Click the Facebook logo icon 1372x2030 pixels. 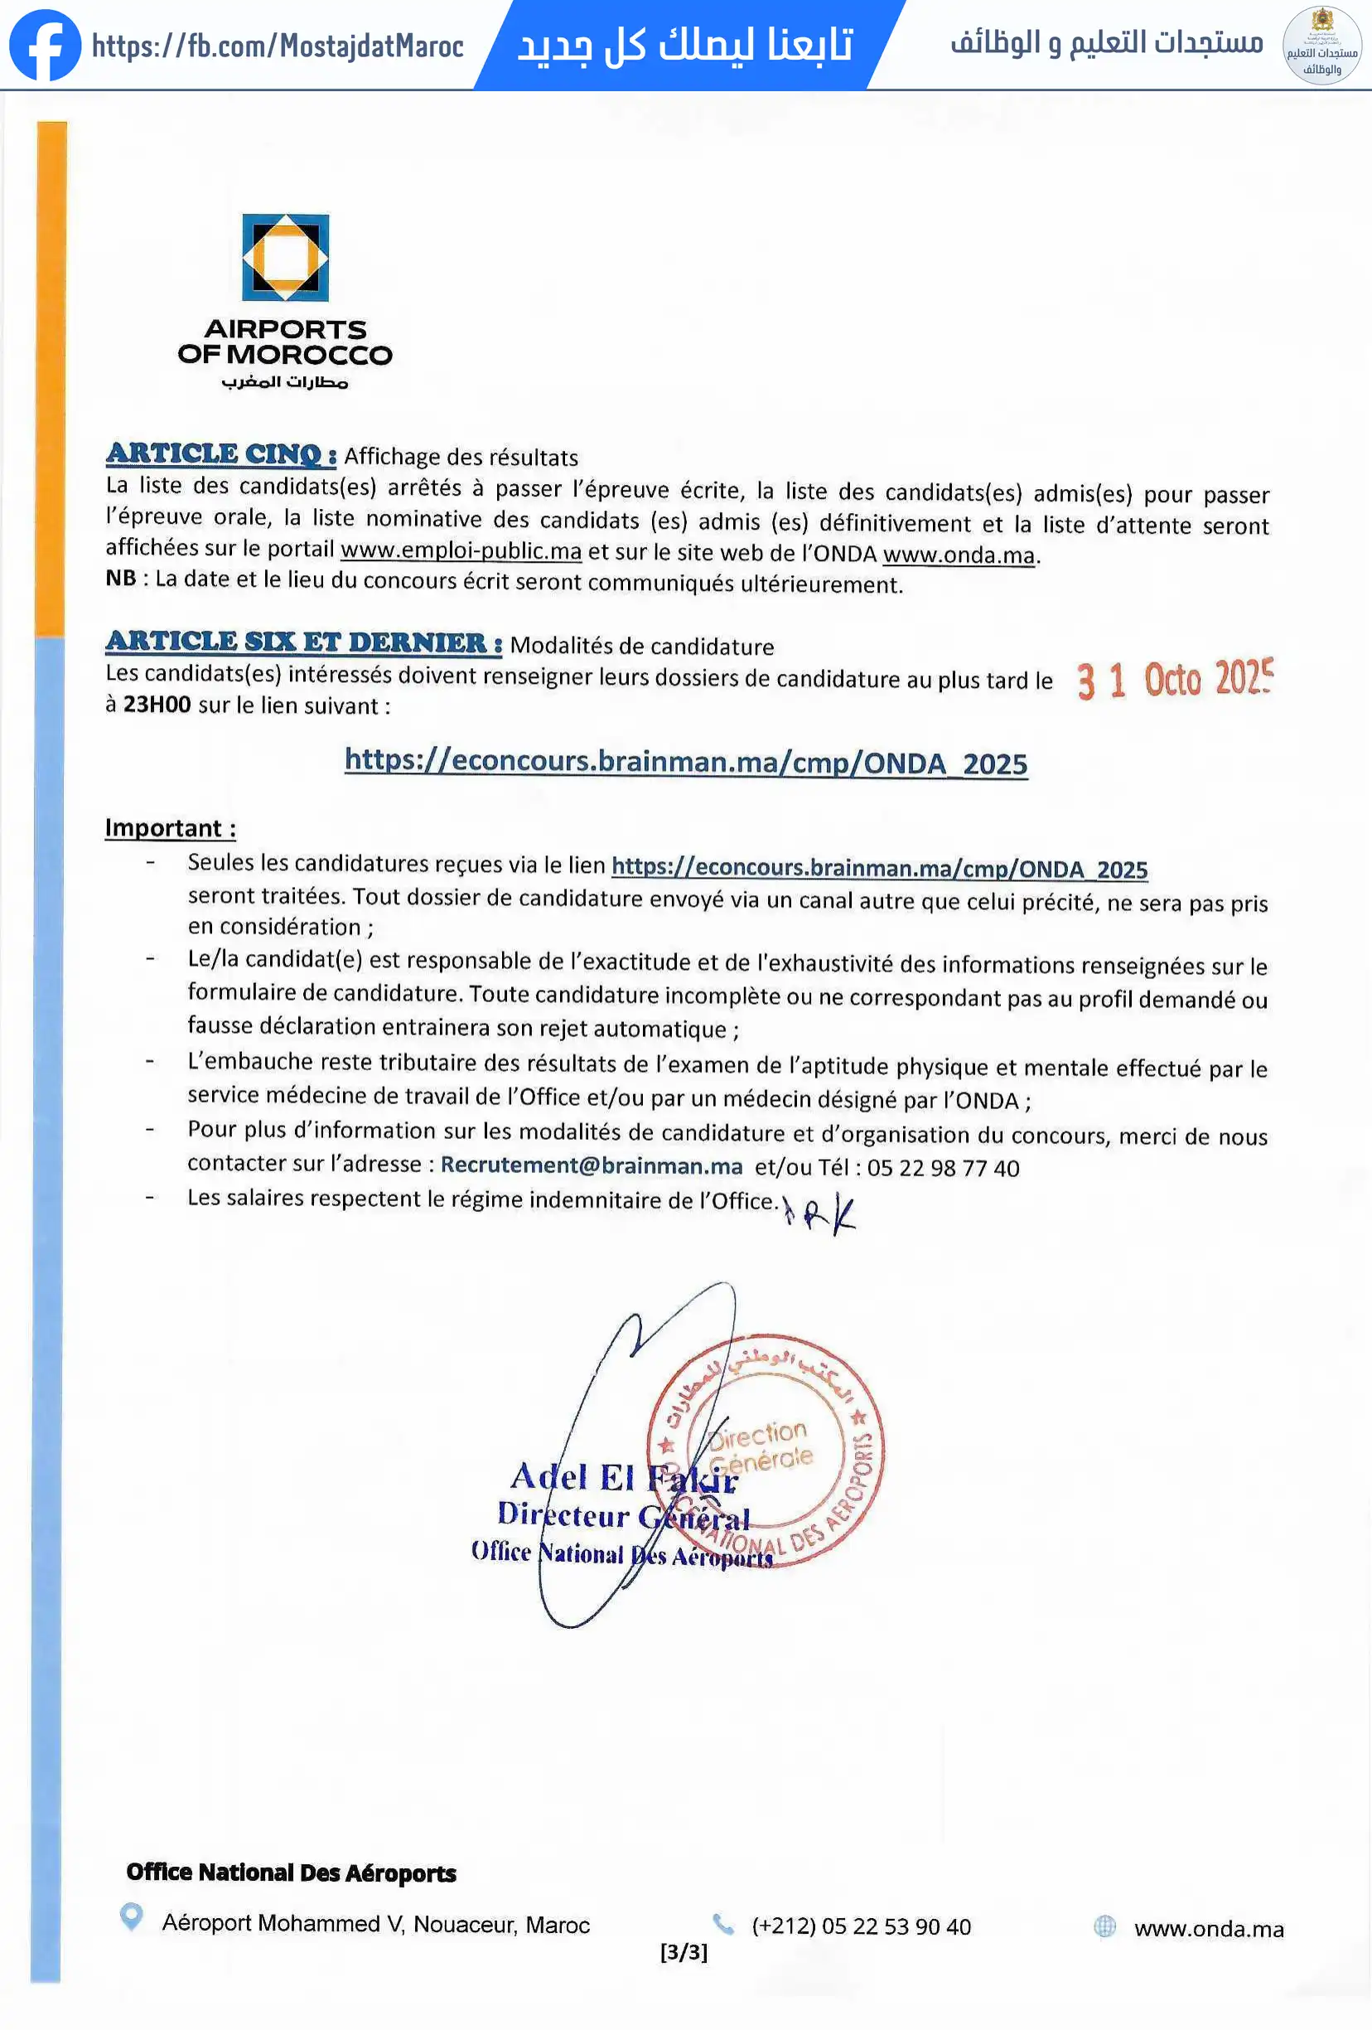[x=45, y=46]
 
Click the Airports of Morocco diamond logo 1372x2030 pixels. [x=286, y=258]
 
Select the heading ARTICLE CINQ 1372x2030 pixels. [x=221, y=454]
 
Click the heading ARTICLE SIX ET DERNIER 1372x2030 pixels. [x=303, y=642]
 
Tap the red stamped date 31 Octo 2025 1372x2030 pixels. [x=1174, y=680]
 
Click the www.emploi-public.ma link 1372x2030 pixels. [x=461, y=551]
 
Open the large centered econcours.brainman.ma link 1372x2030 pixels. [x=685, y=762]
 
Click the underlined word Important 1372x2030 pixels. [x=164, y=828]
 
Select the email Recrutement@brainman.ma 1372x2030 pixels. [x=592, y=1165]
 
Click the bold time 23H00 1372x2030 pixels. [x=157, y=705]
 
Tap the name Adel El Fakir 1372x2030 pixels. [x=624, y=1477]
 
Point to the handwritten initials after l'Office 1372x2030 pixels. [x=821, y=1214]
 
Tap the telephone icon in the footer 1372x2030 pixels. [x=723, y=1923]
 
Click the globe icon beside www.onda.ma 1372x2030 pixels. [x=1104, y=1926]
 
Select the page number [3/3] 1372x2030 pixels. [x=684, y=1952]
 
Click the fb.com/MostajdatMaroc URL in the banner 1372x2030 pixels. [x=278, y=46]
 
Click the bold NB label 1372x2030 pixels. [x=120, y=579]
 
